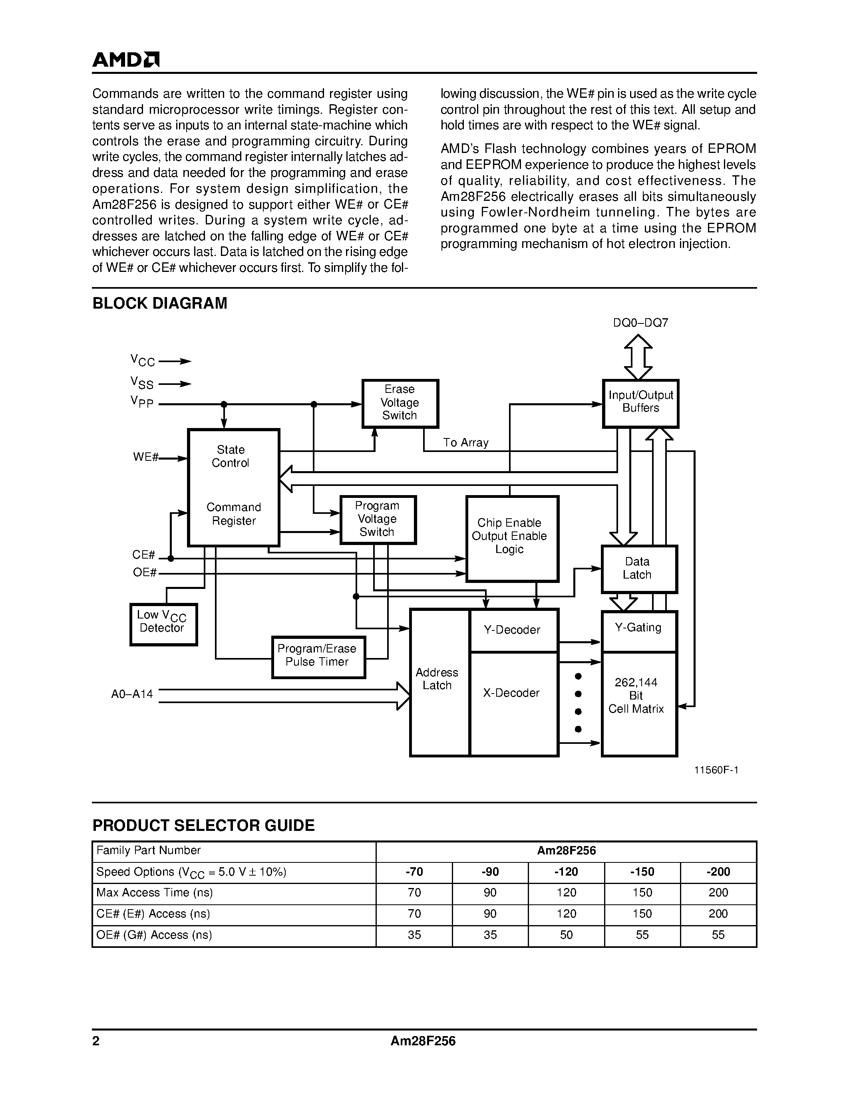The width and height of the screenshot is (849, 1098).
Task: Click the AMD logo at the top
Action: tap(126, 60)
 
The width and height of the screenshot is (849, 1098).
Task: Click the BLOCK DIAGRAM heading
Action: tap(159, 303)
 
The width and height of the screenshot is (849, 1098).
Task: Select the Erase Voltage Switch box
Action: tap(400, 403)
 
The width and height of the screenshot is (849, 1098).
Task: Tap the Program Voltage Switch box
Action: tap(377, 519)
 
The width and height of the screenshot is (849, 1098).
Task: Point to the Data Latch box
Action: tap(639, 569)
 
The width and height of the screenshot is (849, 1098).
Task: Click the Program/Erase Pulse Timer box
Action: tap(318, 656)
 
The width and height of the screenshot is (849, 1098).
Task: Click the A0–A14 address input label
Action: tap(132, 694)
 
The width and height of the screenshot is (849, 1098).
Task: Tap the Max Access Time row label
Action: tap(154, 892)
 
